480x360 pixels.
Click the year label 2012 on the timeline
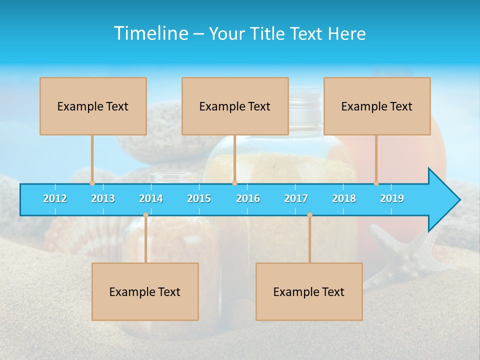coord(55,198)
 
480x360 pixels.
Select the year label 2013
coord(103,198)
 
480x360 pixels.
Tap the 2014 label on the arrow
coord(151,198)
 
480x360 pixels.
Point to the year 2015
coord(199,198)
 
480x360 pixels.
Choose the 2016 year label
coord(248,198)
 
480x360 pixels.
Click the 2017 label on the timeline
coord(296,198)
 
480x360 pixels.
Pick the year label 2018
coord(344,198)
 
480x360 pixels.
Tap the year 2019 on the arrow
coord(392,198)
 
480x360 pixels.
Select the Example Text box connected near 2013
coord(93,106)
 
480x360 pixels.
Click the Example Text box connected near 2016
coord(235,106)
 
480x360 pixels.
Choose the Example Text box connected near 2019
coord(377,106)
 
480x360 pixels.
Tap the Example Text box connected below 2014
coord(145,291)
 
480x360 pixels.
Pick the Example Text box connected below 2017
coord(309,291)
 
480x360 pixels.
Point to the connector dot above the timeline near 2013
coord(92,183)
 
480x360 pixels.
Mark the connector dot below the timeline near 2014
coord(145,215)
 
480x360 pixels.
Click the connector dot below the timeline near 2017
coord(309,215)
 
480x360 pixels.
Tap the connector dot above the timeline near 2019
coord(376,183)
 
